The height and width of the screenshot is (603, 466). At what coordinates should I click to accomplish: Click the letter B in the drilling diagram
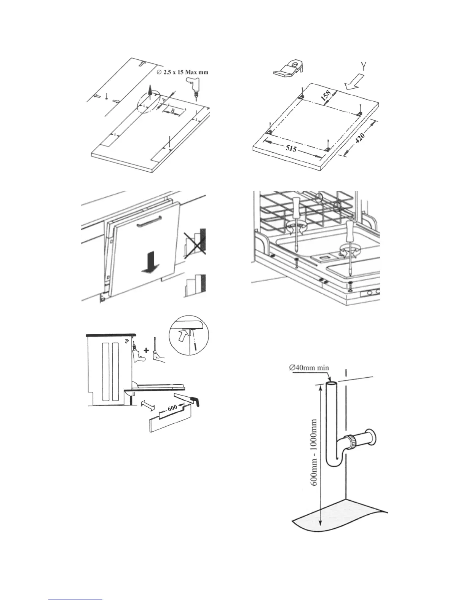coord(172,110)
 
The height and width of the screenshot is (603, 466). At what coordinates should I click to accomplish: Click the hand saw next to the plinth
coord(190,400)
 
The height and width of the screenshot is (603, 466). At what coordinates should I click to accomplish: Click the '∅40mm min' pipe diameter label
coord(309,367)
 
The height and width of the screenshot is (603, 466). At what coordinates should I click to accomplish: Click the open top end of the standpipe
coord(332,382)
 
